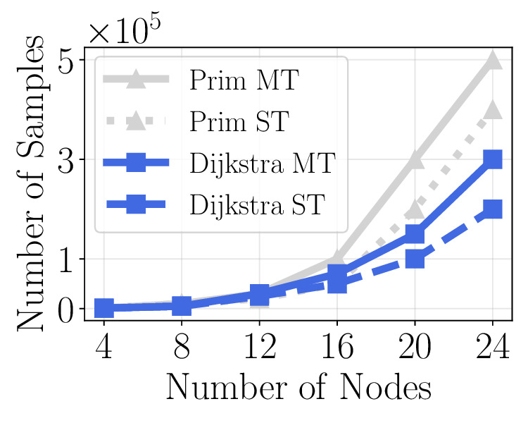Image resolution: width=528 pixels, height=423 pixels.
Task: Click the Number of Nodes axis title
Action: coord(298,388)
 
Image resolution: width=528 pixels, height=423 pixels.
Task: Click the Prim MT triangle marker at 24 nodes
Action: coord(492,60)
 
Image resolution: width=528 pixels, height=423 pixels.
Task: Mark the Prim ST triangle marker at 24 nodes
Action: coord(492,109)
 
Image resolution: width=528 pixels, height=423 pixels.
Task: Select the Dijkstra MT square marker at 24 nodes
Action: coord(492,159)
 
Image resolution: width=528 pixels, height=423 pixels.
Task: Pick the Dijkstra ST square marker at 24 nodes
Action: coord(492,209)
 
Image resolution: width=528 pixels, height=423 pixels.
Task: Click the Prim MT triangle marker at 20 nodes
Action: coord(415,160)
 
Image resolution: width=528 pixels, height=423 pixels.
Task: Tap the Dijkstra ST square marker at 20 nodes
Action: coord(415,259)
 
